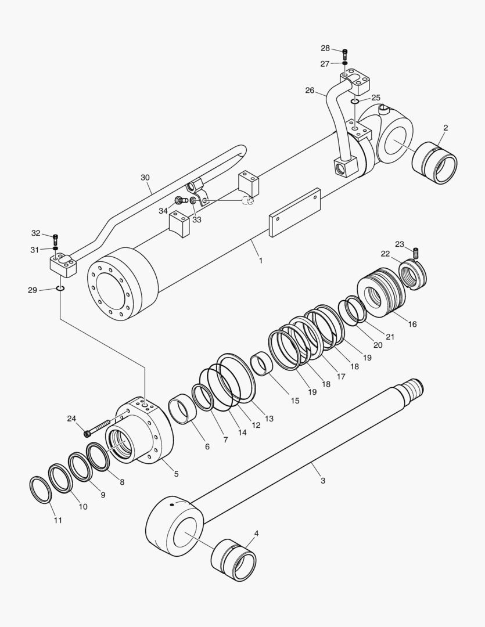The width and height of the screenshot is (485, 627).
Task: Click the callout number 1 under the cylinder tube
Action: (260, 261)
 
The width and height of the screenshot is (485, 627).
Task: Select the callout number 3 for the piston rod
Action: (322, 480)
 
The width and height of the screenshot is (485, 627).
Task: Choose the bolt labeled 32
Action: (56, 239)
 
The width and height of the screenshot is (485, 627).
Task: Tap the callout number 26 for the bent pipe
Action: (310, 90)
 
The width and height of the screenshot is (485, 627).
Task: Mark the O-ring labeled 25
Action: (354, 102)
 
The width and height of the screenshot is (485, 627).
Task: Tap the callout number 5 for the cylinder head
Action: (176, 474)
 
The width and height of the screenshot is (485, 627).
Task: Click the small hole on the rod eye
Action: (173, 505)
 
